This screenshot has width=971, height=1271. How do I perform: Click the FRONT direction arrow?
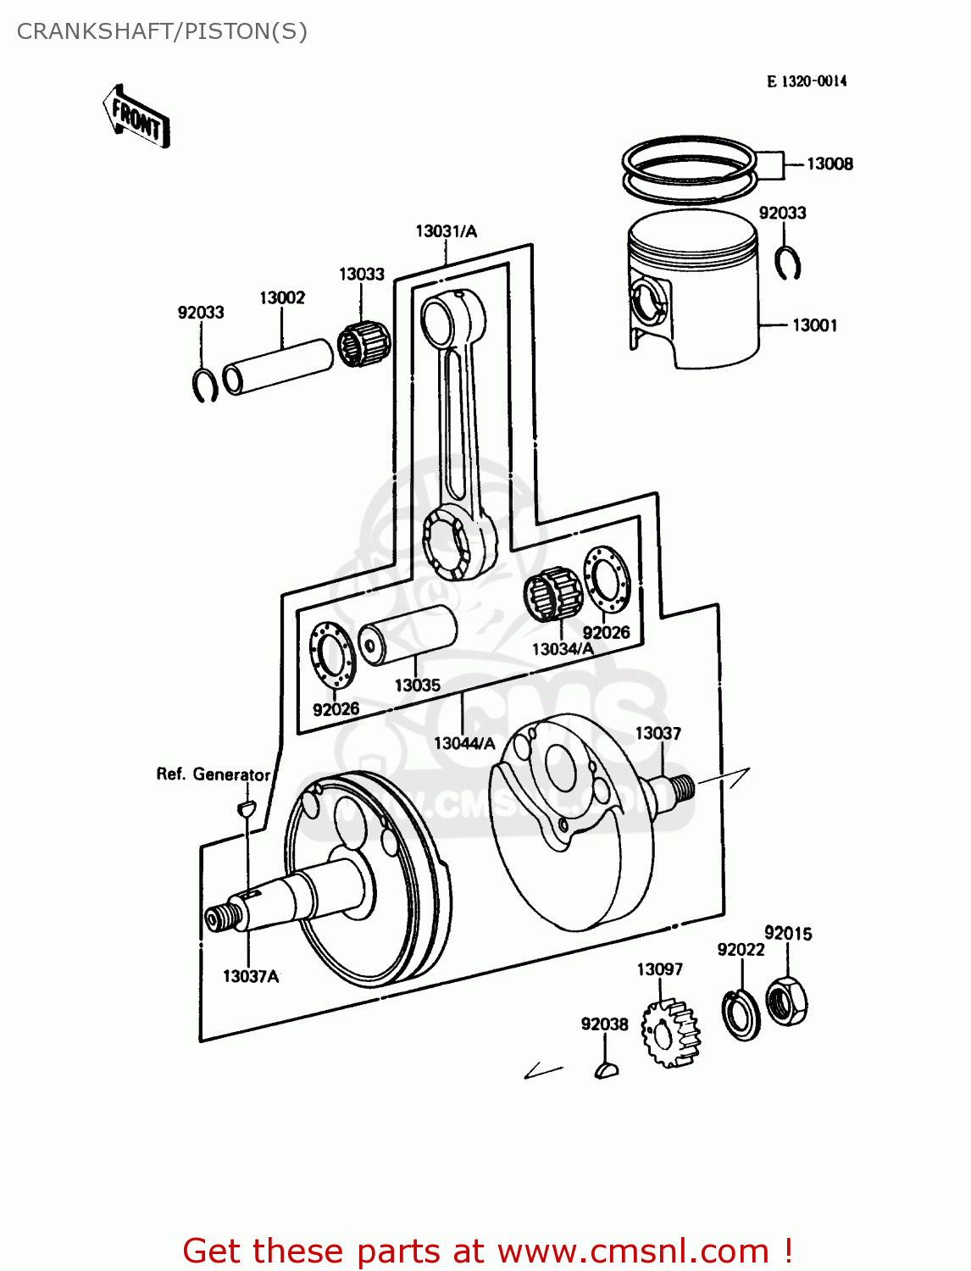pyautogui.click(x=136, y=117)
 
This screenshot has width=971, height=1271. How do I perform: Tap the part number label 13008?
pyautogui.click(x=829, y=164)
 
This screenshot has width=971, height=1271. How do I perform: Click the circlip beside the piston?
pyautogui.click(x=788, y=263)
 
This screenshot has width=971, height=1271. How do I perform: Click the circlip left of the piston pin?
pyautogui.click(x=204, y=385)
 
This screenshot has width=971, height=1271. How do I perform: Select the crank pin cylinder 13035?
pyautogui.click(x=407, y=634)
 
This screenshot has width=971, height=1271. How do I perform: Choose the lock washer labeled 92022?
pyautogui.click(x=741, y=1013)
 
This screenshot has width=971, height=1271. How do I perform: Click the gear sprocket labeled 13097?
pyautogui.click(x=670, y=1032)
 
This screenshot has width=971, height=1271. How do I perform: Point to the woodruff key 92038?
pyautogui.click(x=606, y=1070)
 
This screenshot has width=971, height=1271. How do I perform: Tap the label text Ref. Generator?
pyautogui.click(x=213, y=774)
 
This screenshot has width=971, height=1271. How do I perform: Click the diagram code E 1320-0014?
pyautogui.click(x=806, y=81)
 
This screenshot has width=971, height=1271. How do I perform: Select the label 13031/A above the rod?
pyautogui.click(x=446, y=231)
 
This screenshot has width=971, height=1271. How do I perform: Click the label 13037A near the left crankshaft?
pyautogui.click(x=250, y=976)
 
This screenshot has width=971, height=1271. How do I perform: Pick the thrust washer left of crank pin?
pyautogui.click(x=331, y=654)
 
